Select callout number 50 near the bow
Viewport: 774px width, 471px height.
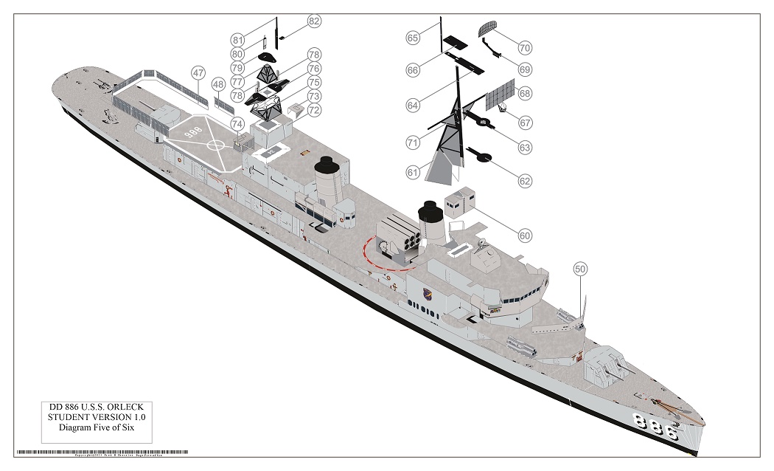coord(580,269)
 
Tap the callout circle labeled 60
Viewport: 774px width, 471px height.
coord(525,235)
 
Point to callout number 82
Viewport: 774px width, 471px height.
coord(314,21)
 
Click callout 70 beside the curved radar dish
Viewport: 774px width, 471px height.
coord(524,48)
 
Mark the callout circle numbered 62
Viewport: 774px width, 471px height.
coord(525,179)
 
